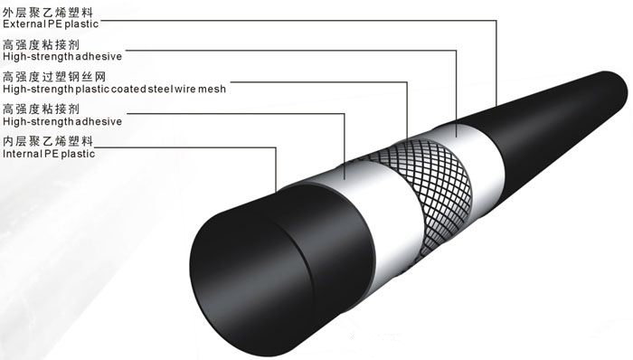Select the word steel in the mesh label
pos(161,89)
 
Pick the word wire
pos(185,89)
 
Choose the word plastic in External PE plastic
pos(81,24)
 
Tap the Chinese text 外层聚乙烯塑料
pos(48,12)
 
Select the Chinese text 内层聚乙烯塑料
pos(48,141)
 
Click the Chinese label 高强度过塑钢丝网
pos(54,77)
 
